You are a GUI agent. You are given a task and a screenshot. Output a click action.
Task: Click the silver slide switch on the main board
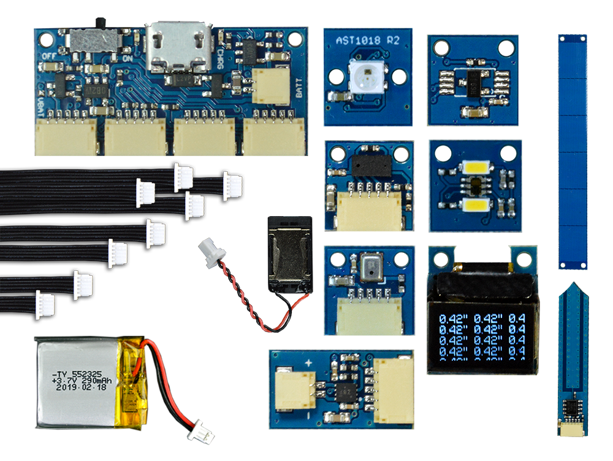tap(95, 40)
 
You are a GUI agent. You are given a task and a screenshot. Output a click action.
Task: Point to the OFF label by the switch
tap(49, 56)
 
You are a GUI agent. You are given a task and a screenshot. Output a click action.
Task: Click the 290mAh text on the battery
tap(94, 381)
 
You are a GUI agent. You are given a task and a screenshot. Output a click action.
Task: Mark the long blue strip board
tap(573, 152)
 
